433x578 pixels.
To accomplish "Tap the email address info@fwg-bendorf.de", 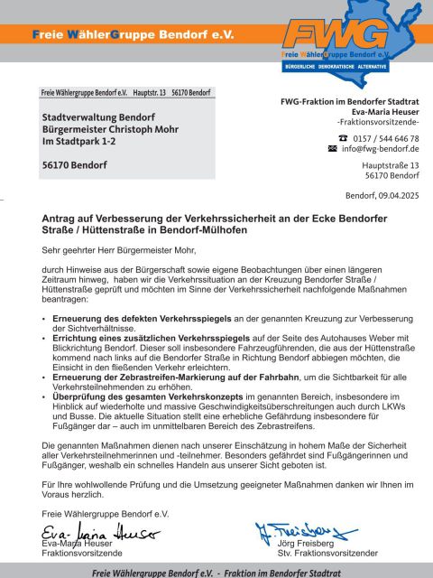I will pos(380,148).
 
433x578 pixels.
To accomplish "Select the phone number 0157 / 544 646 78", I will pos(386,137).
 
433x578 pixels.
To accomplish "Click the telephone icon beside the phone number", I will pos(332,137).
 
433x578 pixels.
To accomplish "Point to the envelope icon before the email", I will pos(332,148).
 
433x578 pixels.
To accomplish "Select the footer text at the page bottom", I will pos(216,572).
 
